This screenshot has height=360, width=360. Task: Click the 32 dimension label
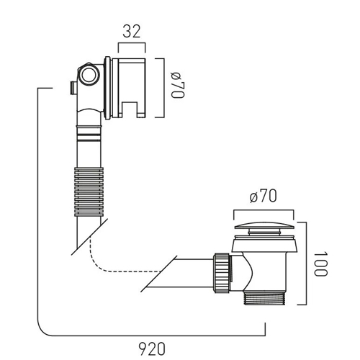[131, 31]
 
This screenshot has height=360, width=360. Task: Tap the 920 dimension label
[152, 348]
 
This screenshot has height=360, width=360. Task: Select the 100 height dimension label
[320, 264]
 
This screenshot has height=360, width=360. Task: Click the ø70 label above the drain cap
[263, 196]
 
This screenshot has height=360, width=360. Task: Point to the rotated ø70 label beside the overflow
[178, 85]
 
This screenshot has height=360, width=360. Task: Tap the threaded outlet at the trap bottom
[264, 298]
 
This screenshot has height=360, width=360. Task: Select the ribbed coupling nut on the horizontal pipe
[222, 273]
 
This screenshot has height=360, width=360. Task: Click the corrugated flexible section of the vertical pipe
[89, 192]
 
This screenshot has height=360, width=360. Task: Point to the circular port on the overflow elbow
[89, 75]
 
